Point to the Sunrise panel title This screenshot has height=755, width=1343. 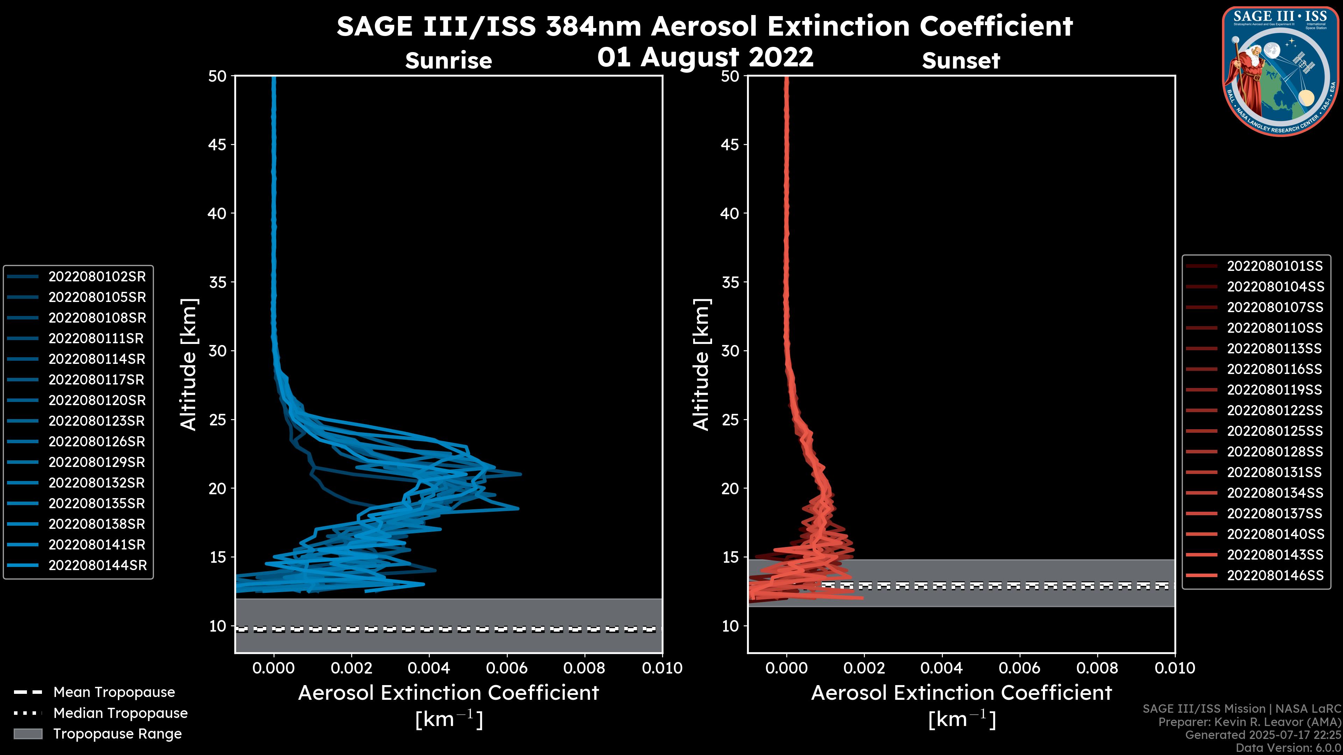[x=448, y=61]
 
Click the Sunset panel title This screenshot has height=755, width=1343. [x=961, y=61]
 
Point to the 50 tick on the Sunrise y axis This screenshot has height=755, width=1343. [x=218, y=77]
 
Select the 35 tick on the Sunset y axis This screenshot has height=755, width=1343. [x=730, y=282]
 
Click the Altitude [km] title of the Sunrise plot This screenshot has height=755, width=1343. [x=188, y=364]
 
